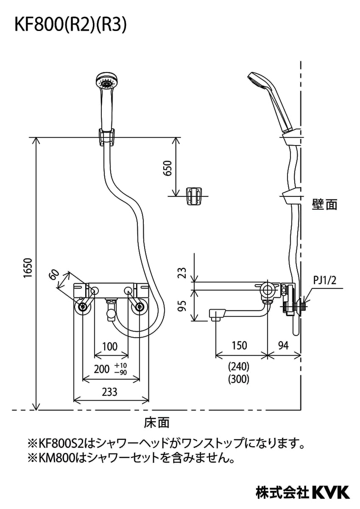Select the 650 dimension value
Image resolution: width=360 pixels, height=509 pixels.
click(168, 168)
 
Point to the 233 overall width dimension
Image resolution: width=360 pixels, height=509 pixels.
click(109, 392)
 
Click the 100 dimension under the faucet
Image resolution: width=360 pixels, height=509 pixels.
click(110, 347)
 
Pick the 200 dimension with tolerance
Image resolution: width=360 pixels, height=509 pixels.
click(102, 369)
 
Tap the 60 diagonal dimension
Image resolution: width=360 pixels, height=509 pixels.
click(54, 275)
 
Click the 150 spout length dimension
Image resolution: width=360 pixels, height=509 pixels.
click(239, 346)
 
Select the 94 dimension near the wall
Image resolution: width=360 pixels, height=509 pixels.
click(284, 346)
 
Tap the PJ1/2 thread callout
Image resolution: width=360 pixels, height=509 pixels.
click(325, 280)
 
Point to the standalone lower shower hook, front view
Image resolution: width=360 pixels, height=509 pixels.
click(194, 196)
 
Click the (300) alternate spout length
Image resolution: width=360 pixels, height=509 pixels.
click(239, 379)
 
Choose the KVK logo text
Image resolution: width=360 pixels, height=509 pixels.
click(331, 492)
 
